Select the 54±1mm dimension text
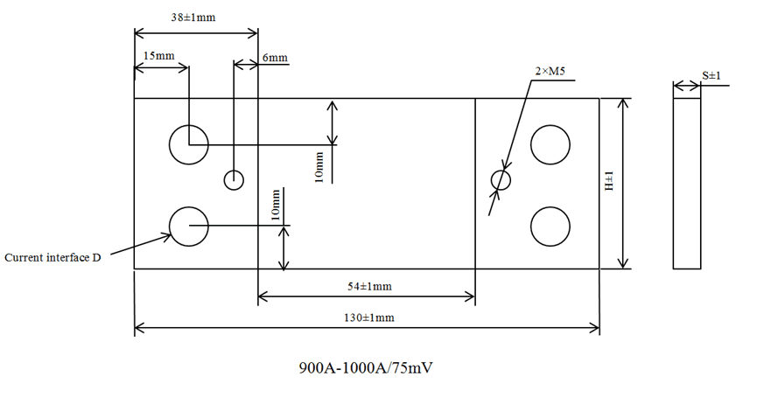pos(366,287)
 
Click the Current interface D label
pos(53,258)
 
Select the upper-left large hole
pos(189,144)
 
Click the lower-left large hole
pos(189,227)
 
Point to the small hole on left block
pos(234,179)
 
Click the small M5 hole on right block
pos(501,179)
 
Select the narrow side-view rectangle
pos(687,183)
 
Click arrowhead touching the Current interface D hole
pos(169,234)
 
